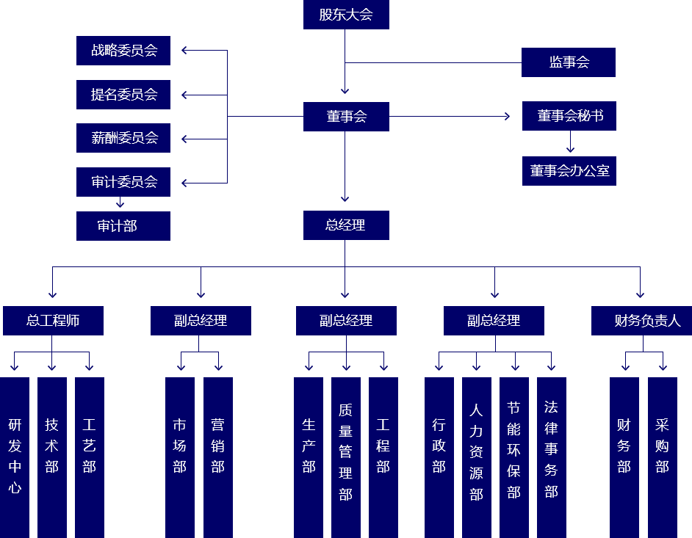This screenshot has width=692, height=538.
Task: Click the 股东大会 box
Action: [x=345, y=15]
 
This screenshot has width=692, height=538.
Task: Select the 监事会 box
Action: [x=568, y=62]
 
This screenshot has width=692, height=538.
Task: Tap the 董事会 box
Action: [x=345, y=116]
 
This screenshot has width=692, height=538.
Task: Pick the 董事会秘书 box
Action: [x=569, y=116]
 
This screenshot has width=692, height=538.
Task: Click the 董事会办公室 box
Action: [x=569, y=170]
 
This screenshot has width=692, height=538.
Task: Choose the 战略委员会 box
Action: [x=123, y=50]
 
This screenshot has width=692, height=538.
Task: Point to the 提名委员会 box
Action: [x=123, y=94]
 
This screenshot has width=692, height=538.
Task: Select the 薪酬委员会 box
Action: [x=123, y=137]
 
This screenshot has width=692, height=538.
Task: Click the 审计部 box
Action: [x=123, y=225]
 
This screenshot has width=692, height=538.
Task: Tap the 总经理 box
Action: [x=345, y=225]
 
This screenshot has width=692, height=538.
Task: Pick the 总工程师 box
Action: [x=52, y=320]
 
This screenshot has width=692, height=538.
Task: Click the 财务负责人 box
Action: [x=641, y=320]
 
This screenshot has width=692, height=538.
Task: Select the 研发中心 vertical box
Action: [x=15, y=456]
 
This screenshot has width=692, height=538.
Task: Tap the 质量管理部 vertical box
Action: [x=345, y=456]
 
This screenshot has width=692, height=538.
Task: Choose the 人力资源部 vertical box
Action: [x=476, y=456]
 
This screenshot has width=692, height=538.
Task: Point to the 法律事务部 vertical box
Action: [x=551, y=456]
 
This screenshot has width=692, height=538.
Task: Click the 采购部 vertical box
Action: [x=662, y=456]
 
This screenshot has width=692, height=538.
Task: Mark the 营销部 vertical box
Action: [x=217, y=456]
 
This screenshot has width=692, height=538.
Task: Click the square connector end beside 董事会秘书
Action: [x=507, y=116]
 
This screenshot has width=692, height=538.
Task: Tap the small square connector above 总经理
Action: [x=345, y=199]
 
